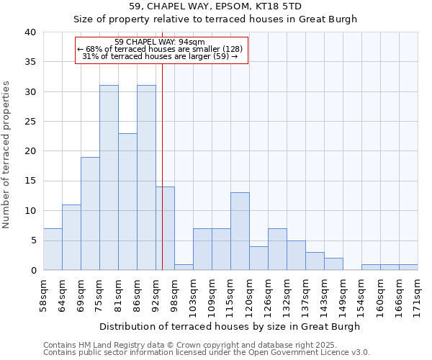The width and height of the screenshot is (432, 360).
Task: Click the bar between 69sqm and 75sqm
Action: point(90,214)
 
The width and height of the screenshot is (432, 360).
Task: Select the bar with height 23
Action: point(127,202)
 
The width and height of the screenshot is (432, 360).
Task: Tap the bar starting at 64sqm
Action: point(71,238)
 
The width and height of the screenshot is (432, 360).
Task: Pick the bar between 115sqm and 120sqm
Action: point(240,231)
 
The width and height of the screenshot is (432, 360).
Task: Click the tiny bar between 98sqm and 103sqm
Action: point(184,267)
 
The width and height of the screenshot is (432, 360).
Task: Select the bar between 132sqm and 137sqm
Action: point(296,255)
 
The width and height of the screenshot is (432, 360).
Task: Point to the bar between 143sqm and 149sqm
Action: point(333,264)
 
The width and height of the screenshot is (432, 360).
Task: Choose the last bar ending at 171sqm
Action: point(408,267)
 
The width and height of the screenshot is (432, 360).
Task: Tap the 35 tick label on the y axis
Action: point(30,62)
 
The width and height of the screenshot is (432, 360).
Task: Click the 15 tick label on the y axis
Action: point(30,181)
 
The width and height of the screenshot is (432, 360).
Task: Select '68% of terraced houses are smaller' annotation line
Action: point(159,49)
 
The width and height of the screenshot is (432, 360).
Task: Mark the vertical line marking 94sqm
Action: point(162,166)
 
